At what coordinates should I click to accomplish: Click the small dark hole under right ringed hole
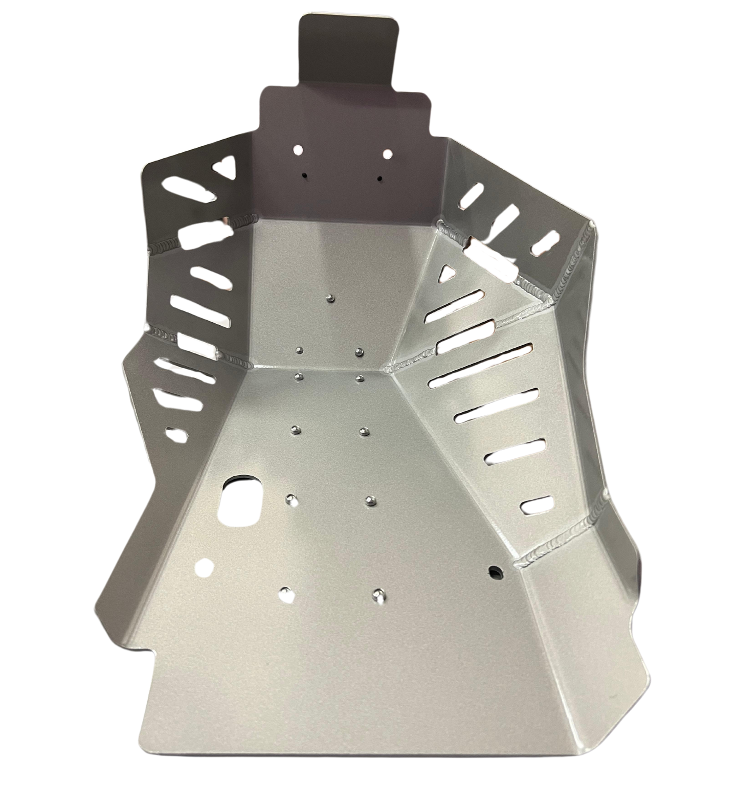(x=379, y=178)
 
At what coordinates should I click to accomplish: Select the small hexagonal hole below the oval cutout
(x=205, y=567)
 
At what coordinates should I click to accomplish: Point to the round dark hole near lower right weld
(x=495, y=570)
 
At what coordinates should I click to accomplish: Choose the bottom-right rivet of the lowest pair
(x=377, y=593)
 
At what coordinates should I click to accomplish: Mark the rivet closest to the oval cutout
(x=292, y=498)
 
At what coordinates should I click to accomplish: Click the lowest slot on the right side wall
(x=536, y=503)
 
